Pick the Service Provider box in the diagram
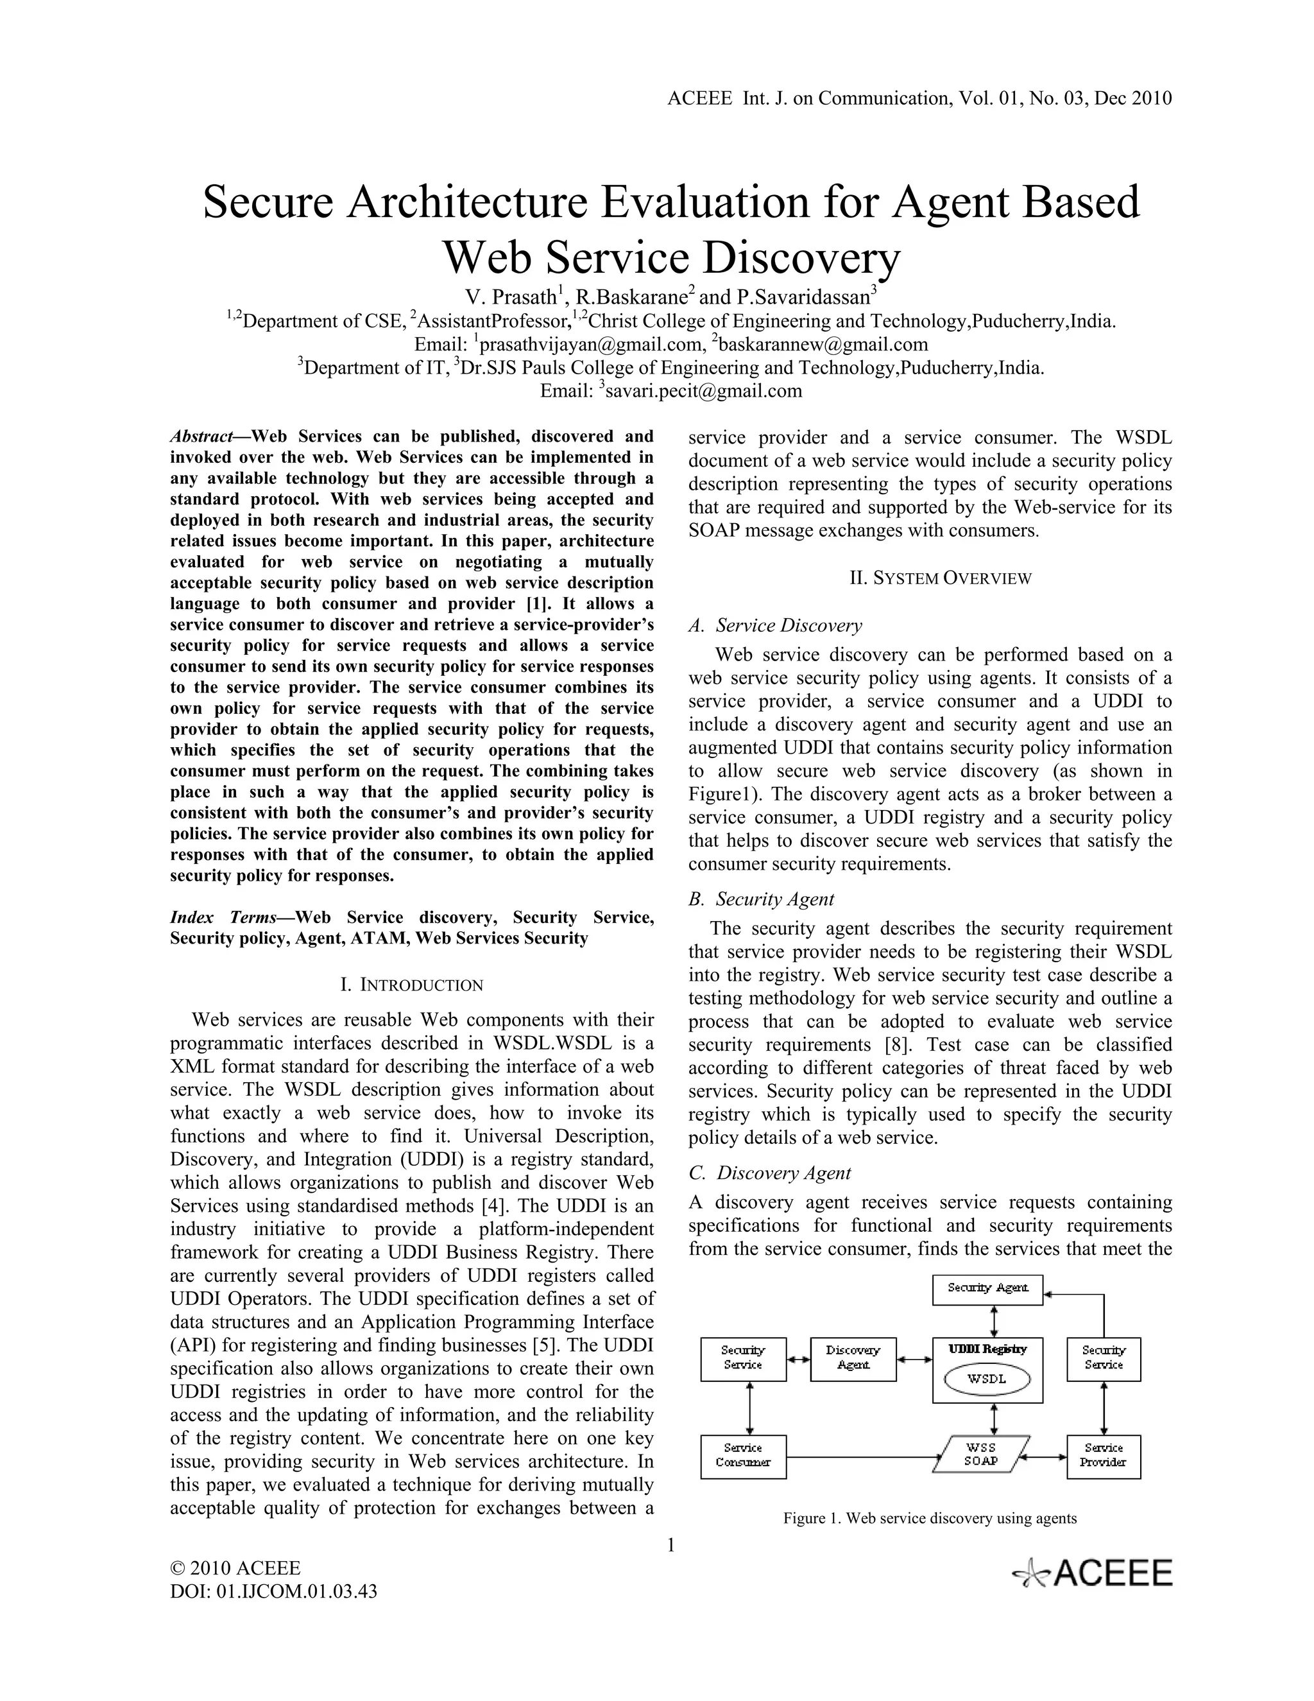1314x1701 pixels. [1103, 1456]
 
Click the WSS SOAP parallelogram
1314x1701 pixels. [982, 1454]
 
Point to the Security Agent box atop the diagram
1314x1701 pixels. [987, 1290]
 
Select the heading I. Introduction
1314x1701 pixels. [412, 985]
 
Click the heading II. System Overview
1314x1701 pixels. [930, 578]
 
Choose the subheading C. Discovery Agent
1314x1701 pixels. [770, 1173]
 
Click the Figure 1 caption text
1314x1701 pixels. [930, 1518]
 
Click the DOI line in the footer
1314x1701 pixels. [273, 1591]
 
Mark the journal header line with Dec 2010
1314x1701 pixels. [919, 98]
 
